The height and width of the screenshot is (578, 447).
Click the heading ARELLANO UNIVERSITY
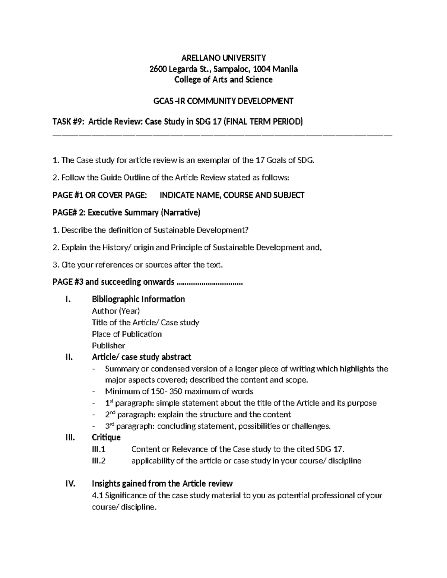223,58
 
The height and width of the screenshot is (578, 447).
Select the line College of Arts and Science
223,79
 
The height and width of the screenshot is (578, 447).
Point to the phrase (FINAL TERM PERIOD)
262,122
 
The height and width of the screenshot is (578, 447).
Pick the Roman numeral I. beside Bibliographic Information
67,299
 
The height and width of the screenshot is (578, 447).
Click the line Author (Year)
116,311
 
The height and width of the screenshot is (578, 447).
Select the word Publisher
108,345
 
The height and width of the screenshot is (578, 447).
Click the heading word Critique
106,437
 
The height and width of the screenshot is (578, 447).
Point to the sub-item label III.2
99,461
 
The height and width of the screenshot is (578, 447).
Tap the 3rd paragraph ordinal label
110,426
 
